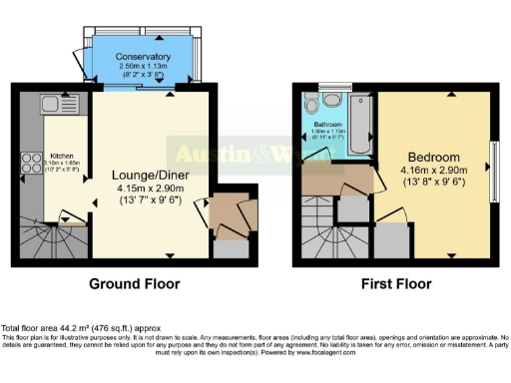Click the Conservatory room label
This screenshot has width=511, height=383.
142,57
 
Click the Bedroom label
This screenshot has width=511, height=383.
434,158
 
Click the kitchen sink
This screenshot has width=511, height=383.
51,103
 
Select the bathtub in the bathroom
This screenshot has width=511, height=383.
360,125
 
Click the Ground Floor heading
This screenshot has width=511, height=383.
135,284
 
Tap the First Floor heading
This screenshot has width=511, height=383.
397,284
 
